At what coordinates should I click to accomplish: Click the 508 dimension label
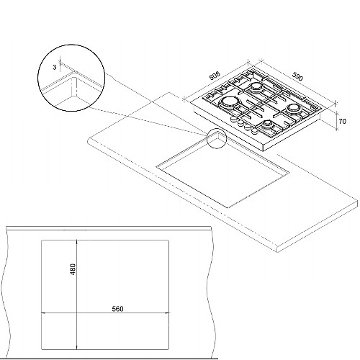(x=215, y=76)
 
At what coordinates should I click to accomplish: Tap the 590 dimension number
(x=297, y=76)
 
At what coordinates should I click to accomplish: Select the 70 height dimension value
(x=343, y=122)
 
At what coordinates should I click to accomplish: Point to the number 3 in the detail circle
(x=55, y=67)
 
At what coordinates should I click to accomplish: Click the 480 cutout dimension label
(x=73, y=269)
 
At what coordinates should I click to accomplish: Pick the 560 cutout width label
(x=117, y=309)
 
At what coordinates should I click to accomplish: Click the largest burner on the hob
(x=230, y=102)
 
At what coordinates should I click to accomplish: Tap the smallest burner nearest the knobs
(x=267, y=125)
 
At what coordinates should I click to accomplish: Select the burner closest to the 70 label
(x=293, y=108)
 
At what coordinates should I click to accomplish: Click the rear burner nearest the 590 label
(x=256, y=86)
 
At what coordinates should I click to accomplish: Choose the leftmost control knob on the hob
(x=233, y=119)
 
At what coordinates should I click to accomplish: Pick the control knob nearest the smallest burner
(x=254, y=131)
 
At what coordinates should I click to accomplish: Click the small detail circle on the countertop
(x=217, y=138)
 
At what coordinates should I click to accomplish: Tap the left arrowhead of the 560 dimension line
(x=43, y=313)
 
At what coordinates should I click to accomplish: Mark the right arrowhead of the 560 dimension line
(x=167, y=313)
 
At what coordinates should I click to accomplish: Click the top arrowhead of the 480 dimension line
(x=76, y=242)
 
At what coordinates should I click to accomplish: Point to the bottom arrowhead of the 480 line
(x=76, y=347)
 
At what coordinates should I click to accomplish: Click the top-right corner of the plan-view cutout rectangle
(x=168, y=240)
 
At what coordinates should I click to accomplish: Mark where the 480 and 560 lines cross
(x=76, y=313)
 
